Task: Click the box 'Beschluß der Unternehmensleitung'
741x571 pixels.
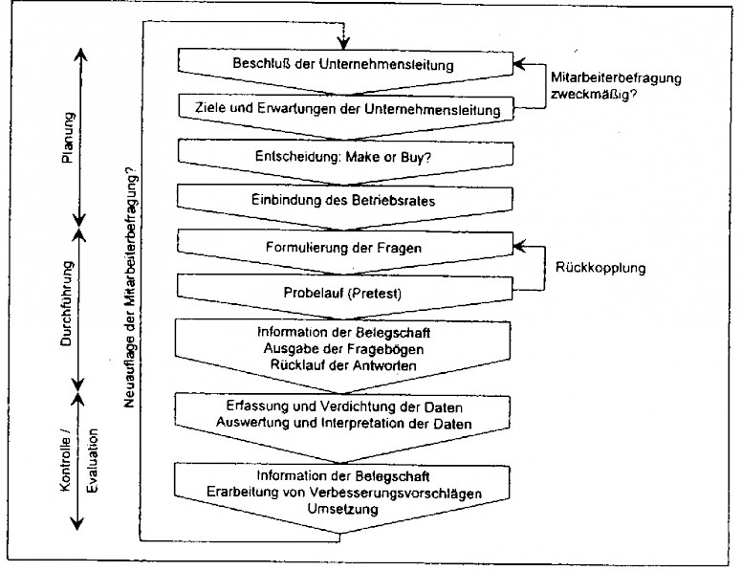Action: click(343, 65)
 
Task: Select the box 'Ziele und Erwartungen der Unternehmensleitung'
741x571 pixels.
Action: click(343, 110)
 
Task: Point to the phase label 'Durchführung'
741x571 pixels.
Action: click(68, 305)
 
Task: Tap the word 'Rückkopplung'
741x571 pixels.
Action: click(600, 268)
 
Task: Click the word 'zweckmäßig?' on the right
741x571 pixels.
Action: click(594, 96)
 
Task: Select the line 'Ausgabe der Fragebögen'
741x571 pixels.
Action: click(343, 348)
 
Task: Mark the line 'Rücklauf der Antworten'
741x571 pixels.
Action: click(343, 364)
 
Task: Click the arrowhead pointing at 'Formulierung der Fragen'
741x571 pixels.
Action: click(517, 246)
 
